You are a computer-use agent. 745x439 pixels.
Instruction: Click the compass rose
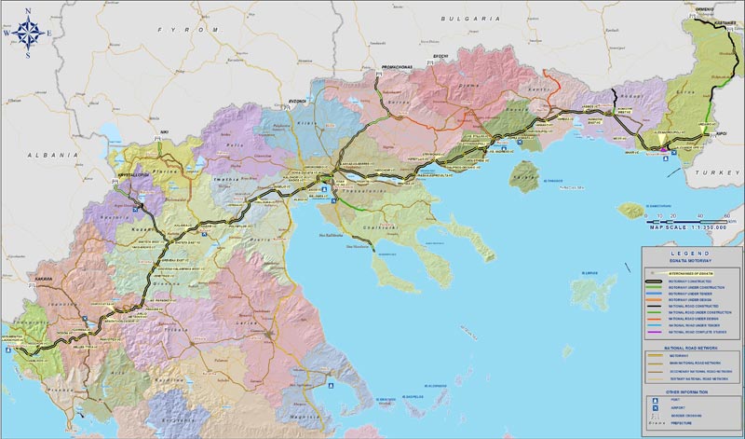[x=27, y=33]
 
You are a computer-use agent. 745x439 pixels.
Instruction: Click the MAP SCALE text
[x=676, y=226]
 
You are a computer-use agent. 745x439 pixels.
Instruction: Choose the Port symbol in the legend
[x=657, y=398]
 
